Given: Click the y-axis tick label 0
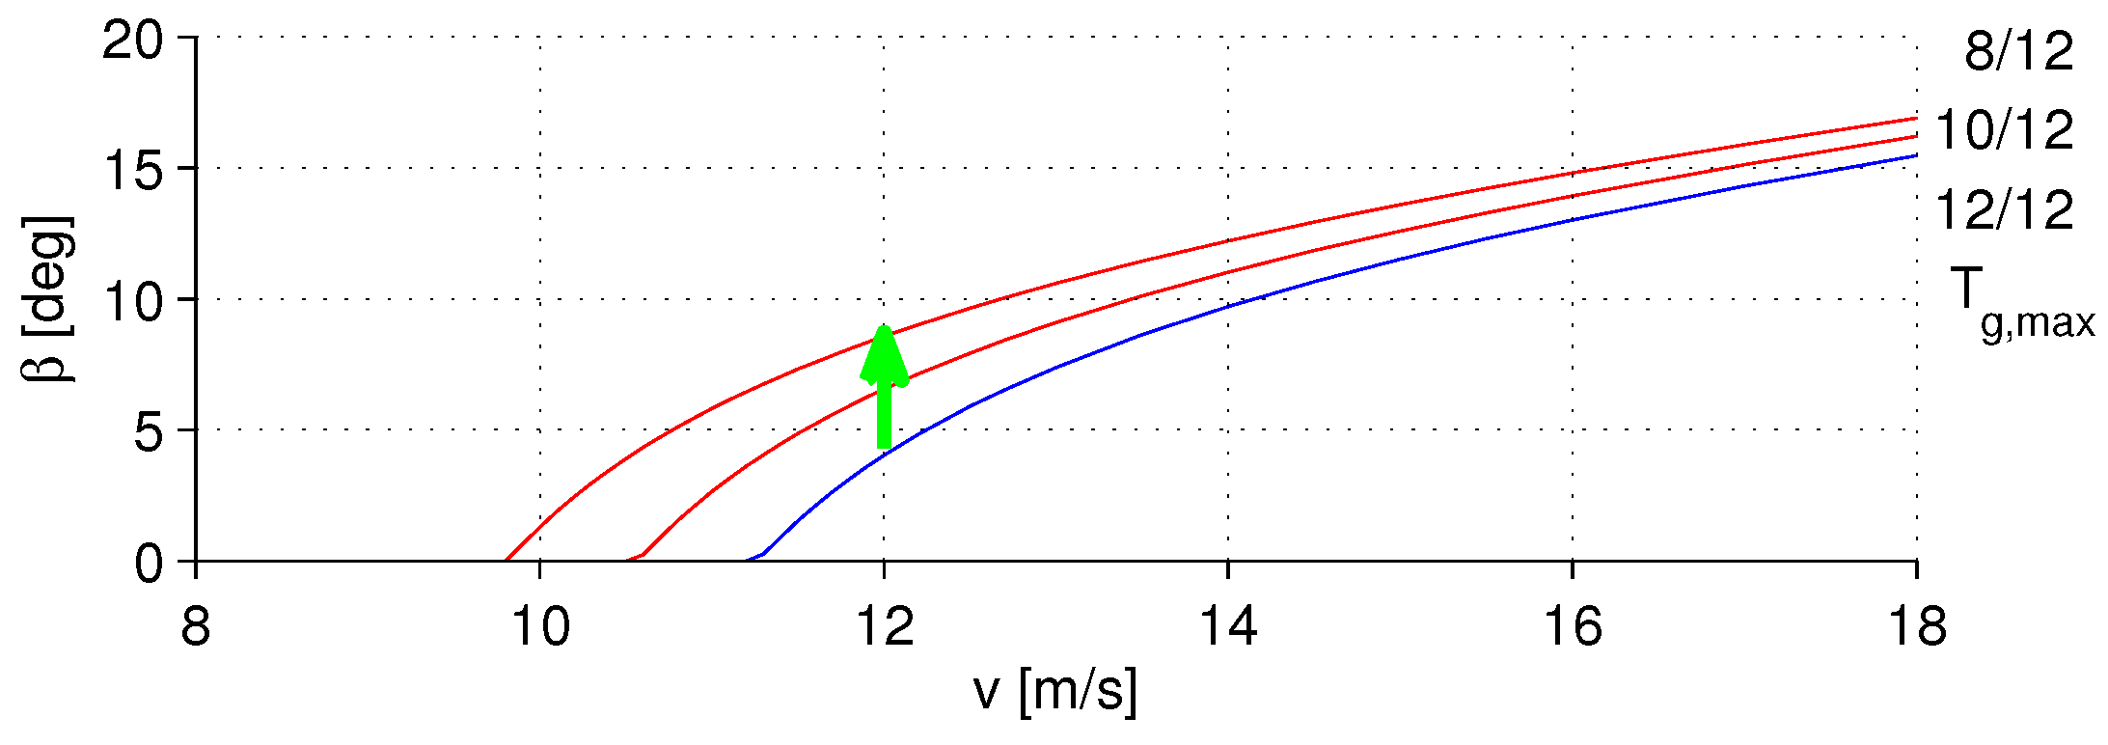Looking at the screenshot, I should click(150, 564).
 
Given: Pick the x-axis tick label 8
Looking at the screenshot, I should click(196, 627).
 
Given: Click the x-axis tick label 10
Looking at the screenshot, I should click(539, 627).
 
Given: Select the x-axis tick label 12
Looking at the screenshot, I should click(884, 627).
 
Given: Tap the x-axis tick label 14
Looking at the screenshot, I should click(1228, 627).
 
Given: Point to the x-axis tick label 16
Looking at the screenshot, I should click(1573, 627).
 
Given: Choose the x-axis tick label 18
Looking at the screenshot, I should click(1916, 627).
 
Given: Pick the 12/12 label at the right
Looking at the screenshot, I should click(2004, 209).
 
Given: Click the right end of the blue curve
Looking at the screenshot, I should click(1915, 155).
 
